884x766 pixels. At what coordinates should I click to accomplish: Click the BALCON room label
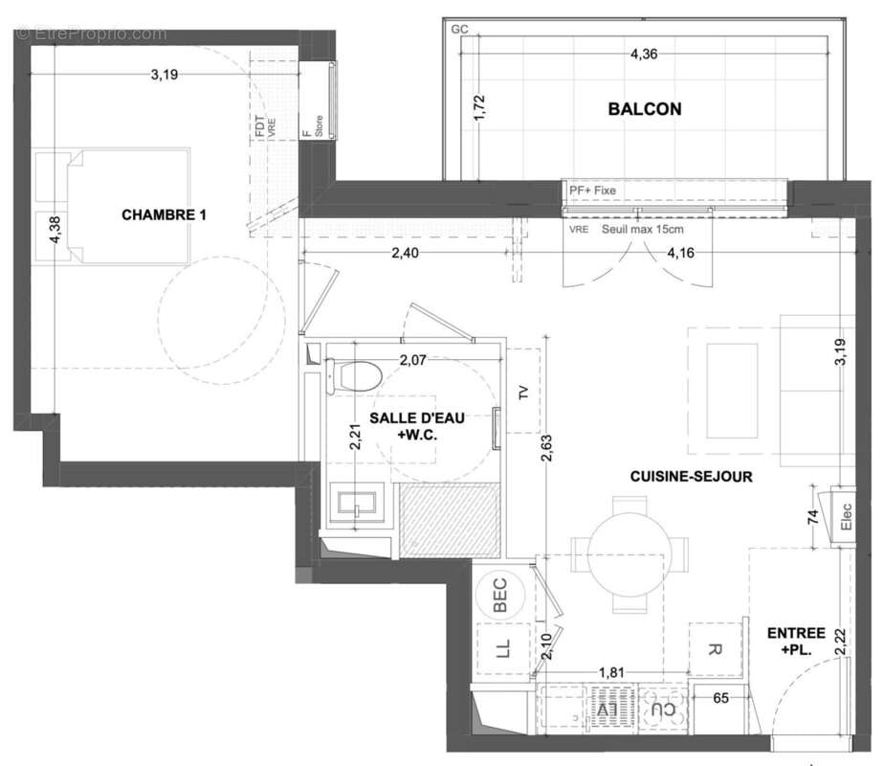(645, 109)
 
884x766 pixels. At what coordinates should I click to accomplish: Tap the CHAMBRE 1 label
(164, 215)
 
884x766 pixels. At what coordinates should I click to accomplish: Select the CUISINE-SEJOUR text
(691, 476)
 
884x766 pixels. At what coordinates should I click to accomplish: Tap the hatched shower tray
(450, 520)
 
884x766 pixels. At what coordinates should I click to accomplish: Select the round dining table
(629, 552)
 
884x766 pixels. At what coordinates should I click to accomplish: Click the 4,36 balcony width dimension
(643, 55)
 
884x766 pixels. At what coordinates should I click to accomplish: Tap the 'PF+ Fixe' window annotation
(592, 191)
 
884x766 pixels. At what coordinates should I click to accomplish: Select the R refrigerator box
(715, 649)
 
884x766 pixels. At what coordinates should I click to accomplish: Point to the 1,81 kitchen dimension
(613, 674)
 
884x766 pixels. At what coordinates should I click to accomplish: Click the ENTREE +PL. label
(797, 641)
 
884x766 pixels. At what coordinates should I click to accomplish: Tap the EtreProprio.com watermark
(92, 34)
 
